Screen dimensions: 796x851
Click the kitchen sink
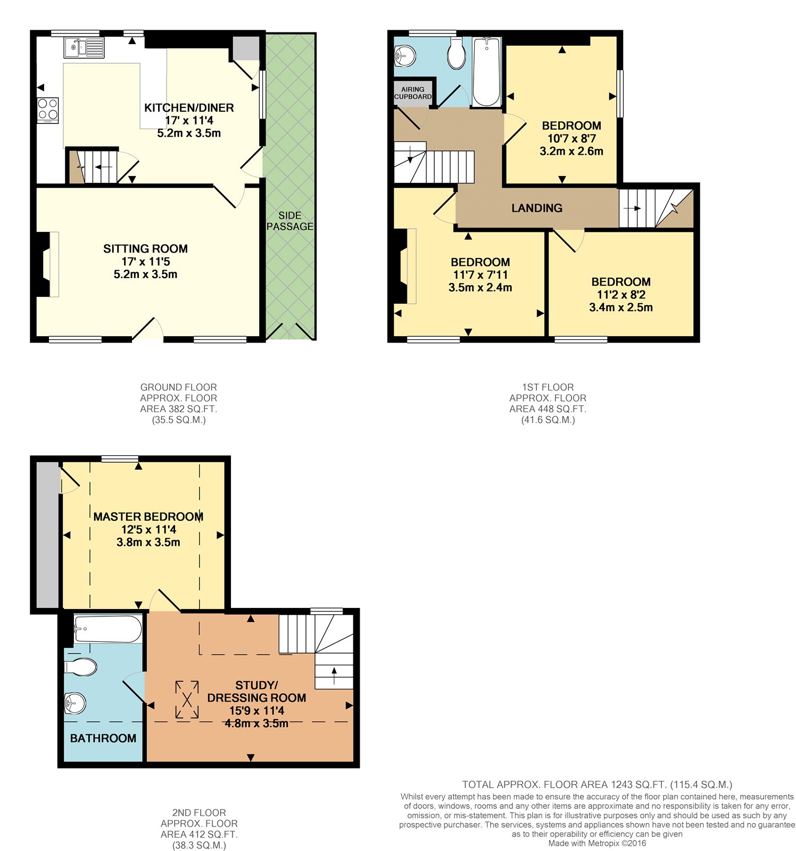click(x=84, y=47)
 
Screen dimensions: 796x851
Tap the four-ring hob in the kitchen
click(x=48, y=110)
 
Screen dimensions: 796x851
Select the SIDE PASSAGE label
click(x=290, y=221)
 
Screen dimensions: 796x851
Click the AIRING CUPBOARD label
click(x=413, y=93)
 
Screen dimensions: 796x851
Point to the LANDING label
click(x=537, y=208)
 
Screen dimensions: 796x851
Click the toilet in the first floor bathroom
click(x=457, y=52)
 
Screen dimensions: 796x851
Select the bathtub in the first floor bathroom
click(x=486, y=72)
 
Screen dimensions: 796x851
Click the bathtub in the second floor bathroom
click(x=108, y=629)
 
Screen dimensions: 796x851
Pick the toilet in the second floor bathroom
click(x=80, y=666)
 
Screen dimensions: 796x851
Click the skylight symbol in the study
click(x=187, y=699)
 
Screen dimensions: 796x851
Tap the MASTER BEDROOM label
click(x=148, y=516)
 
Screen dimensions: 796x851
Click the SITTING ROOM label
click(x=145, y=248)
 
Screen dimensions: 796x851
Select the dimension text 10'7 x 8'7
click(x=571, y=138)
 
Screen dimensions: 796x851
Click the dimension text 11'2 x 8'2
click(x=621, y=295)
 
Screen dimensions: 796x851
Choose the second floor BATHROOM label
click(x=103, y=738)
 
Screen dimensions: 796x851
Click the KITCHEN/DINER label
click(x=189, y=107)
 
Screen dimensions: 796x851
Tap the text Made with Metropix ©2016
click(x=597, y=843)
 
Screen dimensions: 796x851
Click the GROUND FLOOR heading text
click(x=179, y=387)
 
